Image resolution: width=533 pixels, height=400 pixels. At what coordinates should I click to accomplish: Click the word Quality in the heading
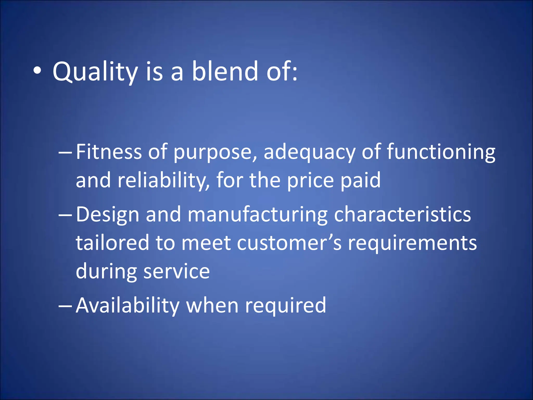(95, 72)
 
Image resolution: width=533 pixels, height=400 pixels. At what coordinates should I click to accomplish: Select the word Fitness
(109, 152)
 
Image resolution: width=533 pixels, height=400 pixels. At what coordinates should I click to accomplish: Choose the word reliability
(163, 180)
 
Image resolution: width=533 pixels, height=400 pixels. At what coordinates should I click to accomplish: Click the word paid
(360, 180)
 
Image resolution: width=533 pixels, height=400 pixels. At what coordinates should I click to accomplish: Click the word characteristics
(402, 214)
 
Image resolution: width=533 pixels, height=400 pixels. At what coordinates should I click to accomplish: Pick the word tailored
(112, 243)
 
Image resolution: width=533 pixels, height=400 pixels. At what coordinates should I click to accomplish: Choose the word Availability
(128, 305)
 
